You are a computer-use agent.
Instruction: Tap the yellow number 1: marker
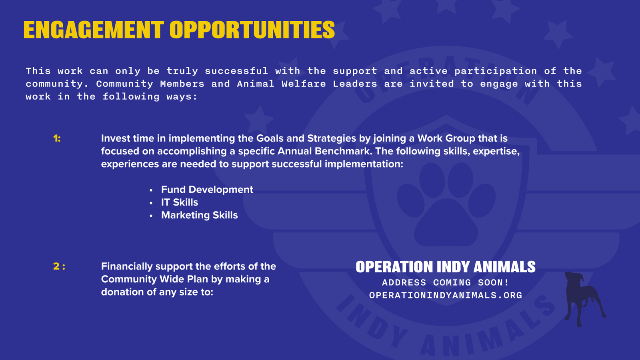point(57,138)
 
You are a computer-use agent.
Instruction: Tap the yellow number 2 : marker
point(59,266)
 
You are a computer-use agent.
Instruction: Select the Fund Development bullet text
point(207,190)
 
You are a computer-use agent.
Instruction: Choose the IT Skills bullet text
point(179,202)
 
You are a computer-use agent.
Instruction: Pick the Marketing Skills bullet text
point(199,215)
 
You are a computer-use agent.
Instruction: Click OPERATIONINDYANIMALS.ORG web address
point(445,295)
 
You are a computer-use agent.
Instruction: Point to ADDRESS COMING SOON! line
point(445,282)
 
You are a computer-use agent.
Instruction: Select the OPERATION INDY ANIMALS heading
point(445,267)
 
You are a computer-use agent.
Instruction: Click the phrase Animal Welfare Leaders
point(307,84)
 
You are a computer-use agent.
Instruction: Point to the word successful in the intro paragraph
point(236,71)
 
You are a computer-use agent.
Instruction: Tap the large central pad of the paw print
point(445,224)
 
